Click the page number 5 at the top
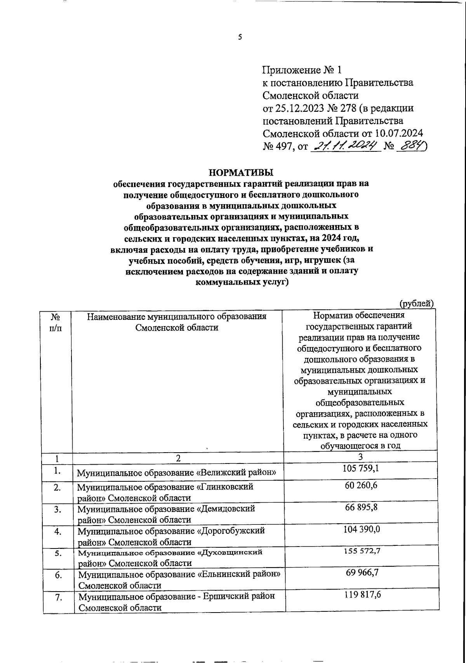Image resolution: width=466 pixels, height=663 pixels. point(240,37)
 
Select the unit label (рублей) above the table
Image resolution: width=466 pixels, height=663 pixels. point(416,303)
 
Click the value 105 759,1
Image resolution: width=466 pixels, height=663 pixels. point(361,468)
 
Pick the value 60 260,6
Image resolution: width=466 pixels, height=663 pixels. point(361,485)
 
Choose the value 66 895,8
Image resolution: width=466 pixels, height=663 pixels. point(361,508)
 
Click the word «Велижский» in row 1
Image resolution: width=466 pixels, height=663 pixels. point(237,473)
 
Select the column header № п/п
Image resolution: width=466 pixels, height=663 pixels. point(56,322)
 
